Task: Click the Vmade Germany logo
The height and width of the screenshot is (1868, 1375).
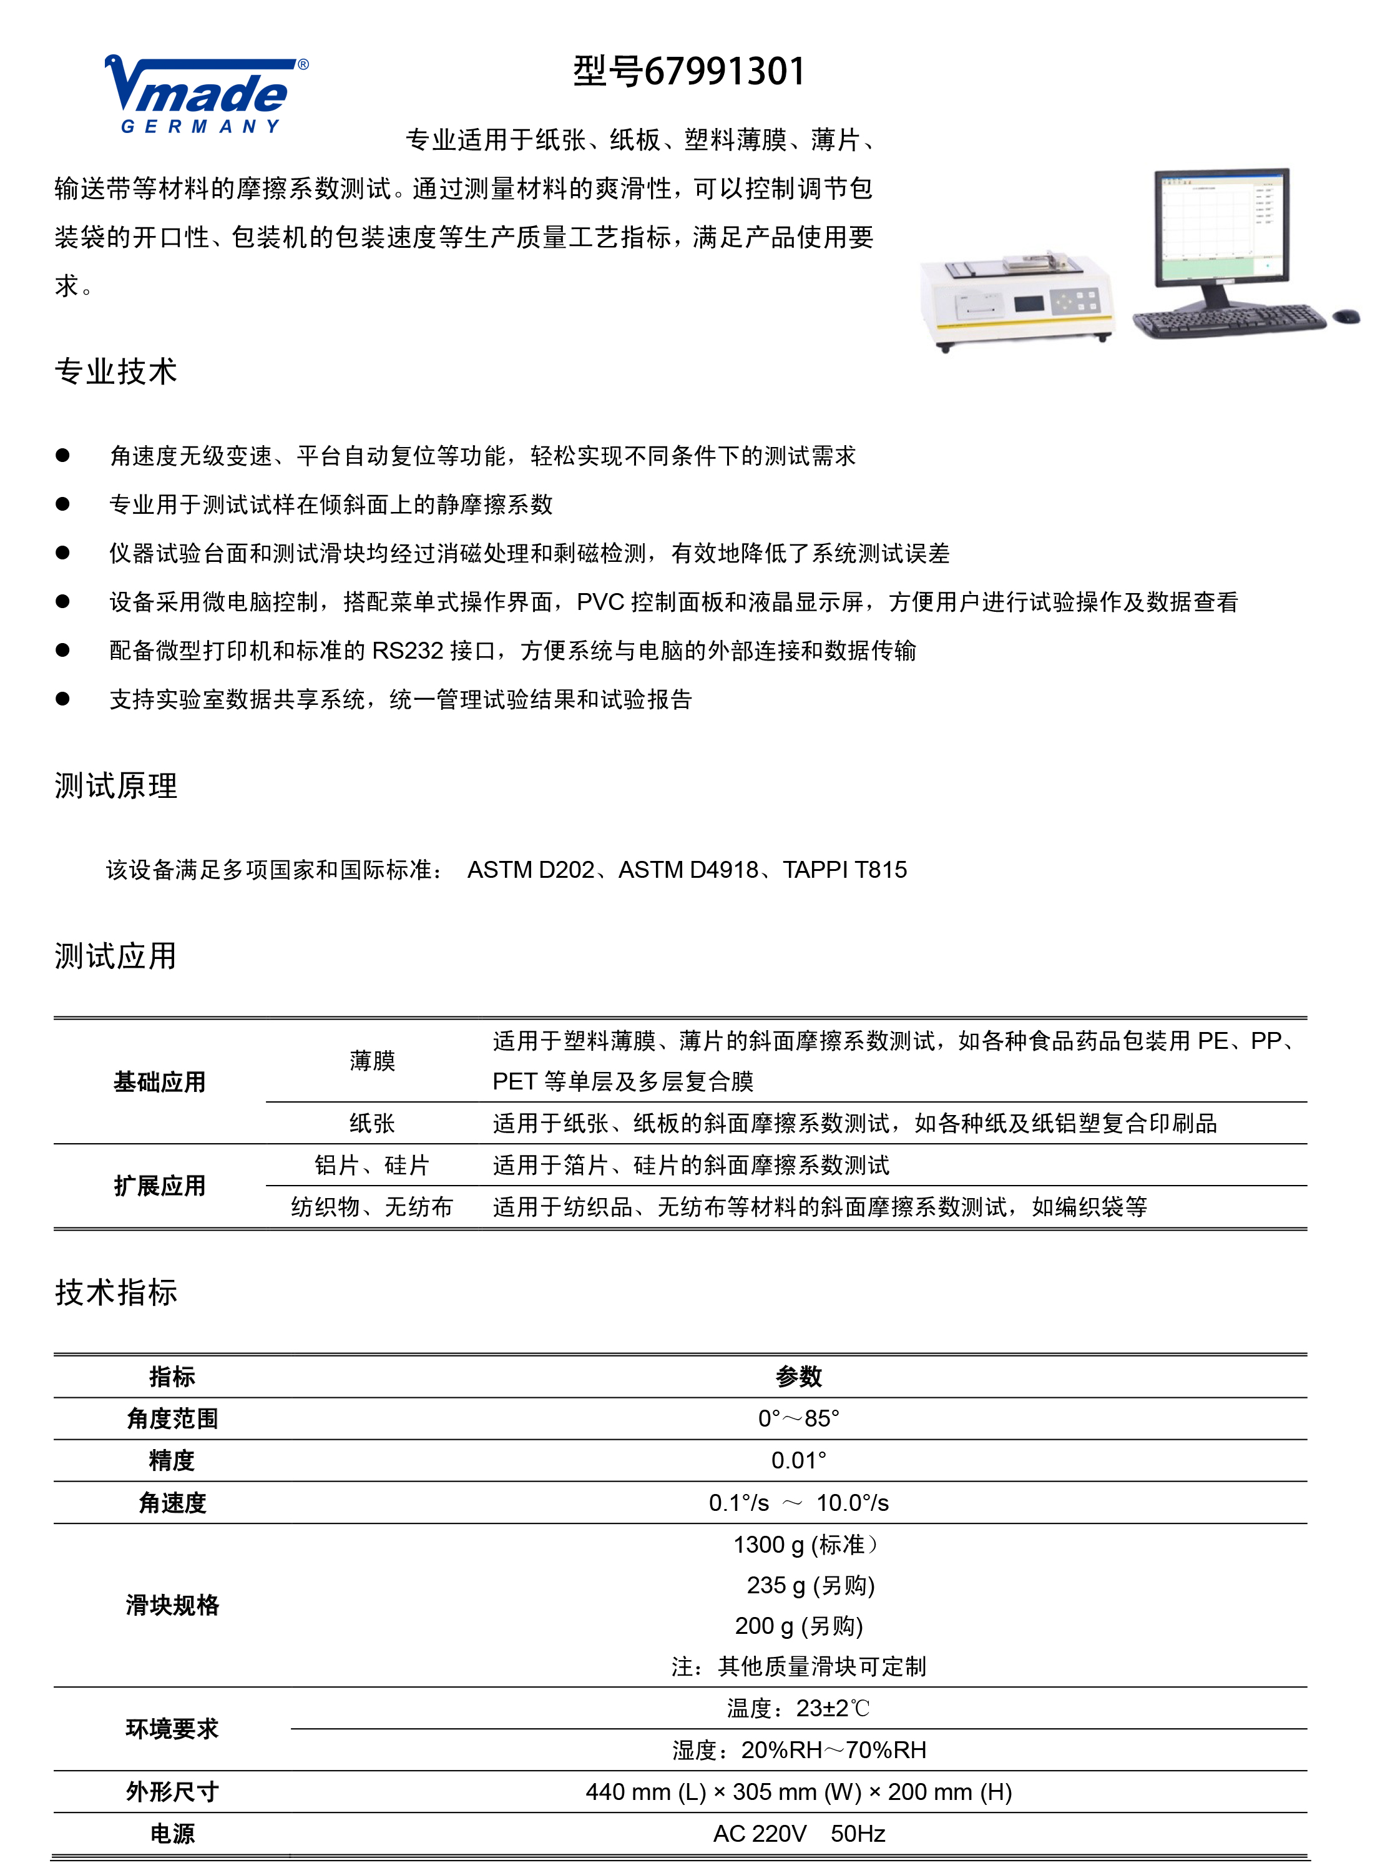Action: tap(205, 95)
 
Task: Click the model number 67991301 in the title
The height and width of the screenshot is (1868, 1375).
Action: tap(724, 72)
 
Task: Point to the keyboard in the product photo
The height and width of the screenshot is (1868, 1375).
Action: tap(1228, 320)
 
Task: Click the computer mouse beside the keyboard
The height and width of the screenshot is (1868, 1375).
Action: tap(1345, 317)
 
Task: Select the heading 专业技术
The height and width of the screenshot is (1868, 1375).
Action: tap(115, 371)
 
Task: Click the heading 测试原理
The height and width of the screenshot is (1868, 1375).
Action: tap(115, 785)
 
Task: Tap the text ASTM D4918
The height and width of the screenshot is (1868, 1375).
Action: tap(688, 870)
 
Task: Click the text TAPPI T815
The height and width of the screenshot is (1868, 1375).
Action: tap(845, 870)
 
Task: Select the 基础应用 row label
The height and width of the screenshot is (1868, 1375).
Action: tap(159, 1081)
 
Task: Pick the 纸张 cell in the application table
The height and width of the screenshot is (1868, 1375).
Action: tap(372, 1123)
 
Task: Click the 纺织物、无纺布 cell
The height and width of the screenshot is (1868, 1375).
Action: tap(372, 1206)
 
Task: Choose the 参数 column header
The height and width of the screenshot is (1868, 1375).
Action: tap(798, 1377)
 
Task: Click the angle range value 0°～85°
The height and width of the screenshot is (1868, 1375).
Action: tap(798, 1418)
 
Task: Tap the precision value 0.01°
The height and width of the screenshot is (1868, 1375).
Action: tap(798, 1460)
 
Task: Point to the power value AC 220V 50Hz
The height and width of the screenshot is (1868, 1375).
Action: tap(798, 1834)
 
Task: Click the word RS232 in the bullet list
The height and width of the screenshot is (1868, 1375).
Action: tap(408, 650)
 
